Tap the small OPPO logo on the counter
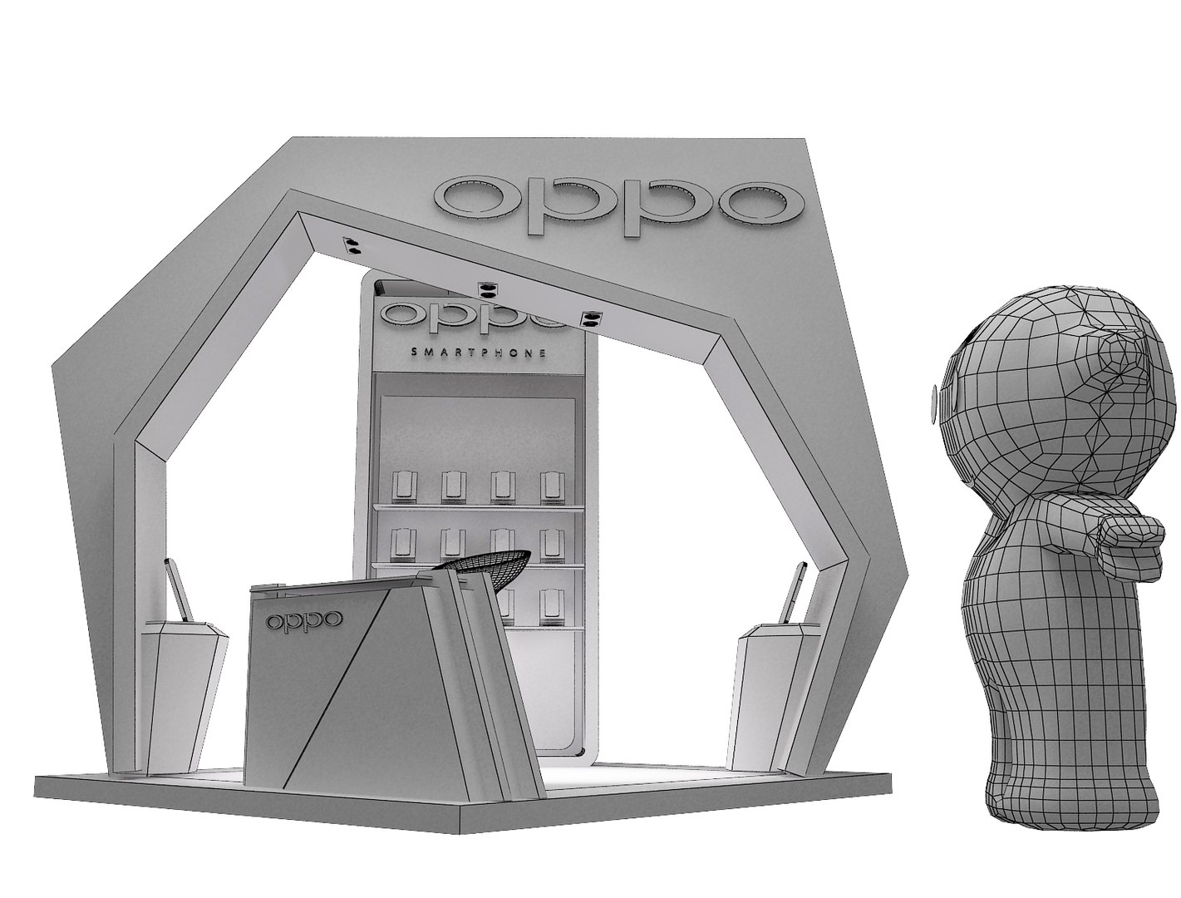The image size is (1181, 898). (x=303, y=620)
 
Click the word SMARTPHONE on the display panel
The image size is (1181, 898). (x=479, y=353)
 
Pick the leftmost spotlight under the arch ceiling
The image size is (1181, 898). (x=351, y=244)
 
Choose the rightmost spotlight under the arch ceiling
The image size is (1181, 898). (x=592, y=319)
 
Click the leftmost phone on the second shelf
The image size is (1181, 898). (x=404, y=544)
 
